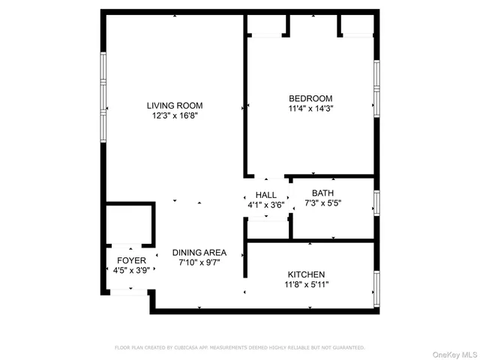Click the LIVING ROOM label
click(x=174, y=106)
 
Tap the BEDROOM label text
click(x=310, y=98)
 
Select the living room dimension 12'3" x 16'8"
click(x=174, y=116)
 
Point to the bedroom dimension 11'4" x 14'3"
click(x=310, y=109)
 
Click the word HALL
click(x=266, y=194)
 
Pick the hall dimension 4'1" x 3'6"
click(x=266, y=204)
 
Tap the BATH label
click(x=322, y=193)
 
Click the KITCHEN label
click(x=306, y=274)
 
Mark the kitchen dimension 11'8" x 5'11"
click(x=306, y=285)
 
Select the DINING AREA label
click(x=199, y=253)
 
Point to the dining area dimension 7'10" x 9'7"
click(x=199, y=263)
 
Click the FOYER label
click(x=131, y=261)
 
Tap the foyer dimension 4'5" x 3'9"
click(x=131, y=271)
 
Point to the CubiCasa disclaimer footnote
click(x=239, y=347)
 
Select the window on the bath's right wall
click(x=376, y=202)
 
